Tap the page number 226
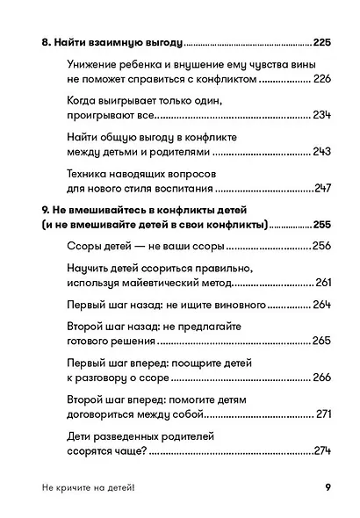[x=322, y=79]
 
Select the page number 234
[x=322, y=116]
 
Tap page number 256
[x=322, y=247]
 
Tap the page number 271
[x=323, y=414]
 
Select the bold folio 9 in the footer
[x=328, y=491]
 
